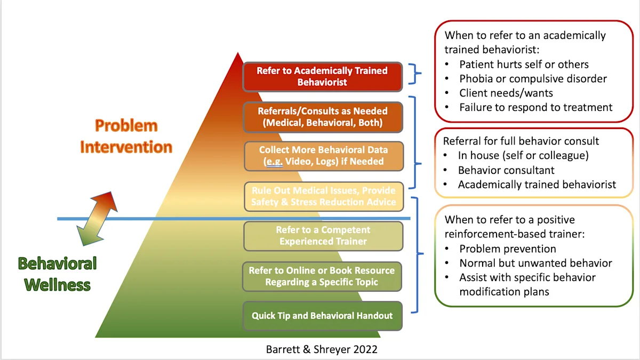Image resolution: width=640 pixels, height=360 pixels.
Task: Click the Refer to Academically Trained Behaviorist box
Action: [322, 76]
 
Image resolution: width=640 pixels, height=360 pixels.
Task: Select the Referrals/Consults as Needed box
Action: [322, 117]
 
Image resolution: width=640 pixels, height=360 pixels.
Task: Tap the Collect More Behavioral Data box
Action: [324, 156]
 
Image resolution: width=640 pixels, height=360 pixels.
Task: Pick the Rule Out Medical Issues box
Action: [324, 196]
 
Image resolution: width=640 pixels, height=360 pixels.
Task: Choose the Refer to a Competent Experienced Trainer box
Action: [323, 236]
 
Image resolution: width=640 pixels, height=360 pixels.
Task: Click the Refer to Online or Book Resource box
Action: [322, 276]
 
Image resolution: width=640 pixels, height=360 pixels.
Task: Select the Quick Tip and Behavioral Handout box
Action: [322, 316]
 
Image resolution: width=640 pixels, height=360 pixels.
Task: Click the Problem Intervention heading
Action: [126, 136]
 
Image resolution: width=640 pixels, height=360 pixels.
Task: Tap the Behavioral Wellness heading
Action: [58, 273]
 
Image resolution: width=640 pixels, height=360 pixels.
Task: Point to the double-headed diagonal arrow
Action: [97, 219]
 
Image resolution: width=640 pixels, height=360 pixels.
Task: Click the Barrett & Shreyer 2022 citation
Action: [322, 349]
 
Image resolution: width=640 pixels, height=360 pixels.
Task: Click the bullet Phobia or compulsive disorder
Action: [533, 79]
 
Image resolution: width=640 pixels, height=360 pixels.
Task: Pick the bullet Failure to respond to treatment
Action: [535, 107]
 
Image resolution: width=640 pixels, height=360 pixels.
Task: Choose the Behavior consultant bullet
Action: [506, 170]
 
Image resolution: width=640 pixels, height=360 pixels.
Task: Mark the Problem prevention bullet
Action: [507, 249]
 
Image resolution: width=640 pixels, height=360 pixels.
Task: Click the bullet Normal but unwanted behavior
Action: [535, 263]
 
